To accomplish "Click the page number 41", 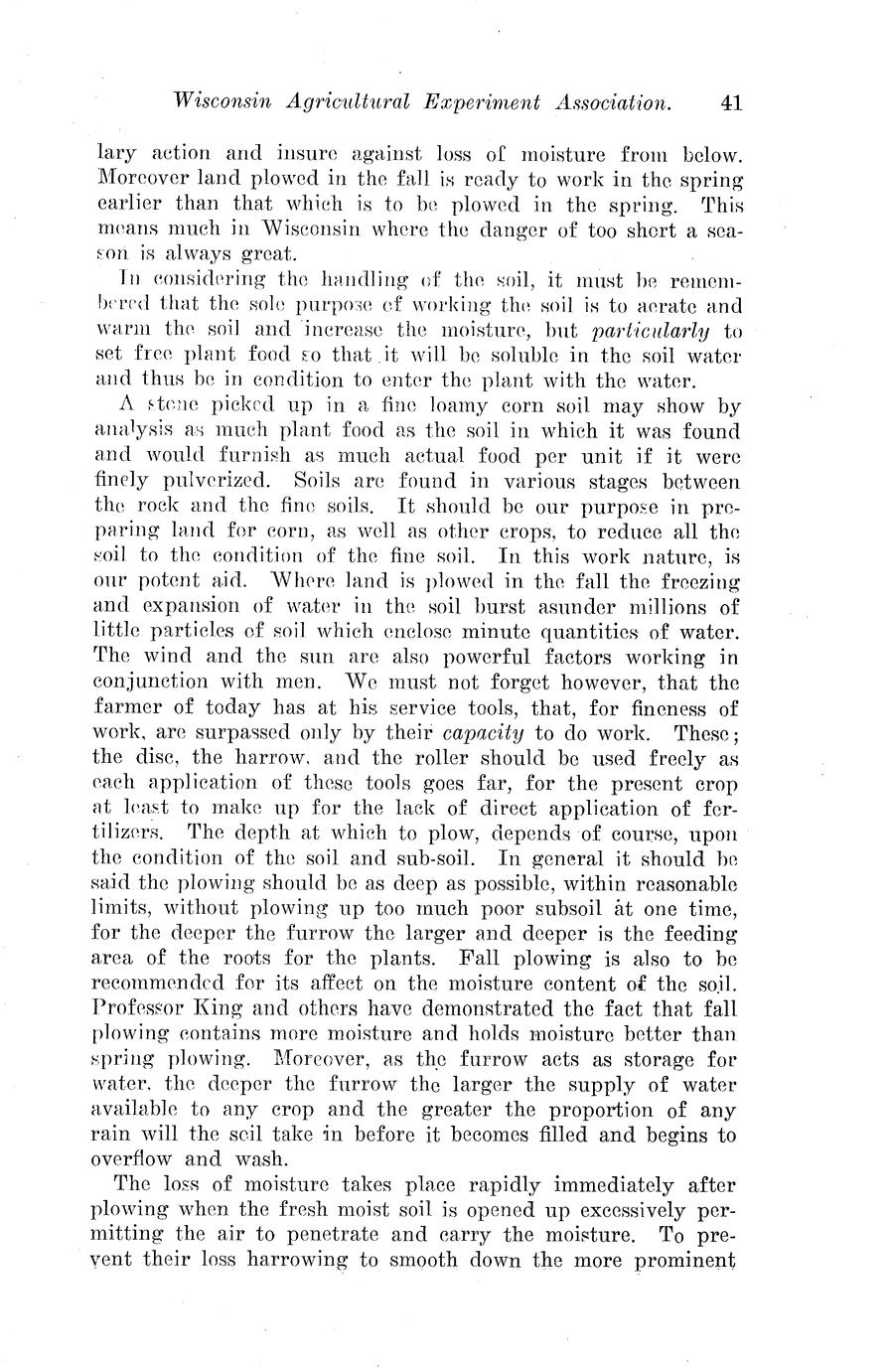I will (x=732, y=101).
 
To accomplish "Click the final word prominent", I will (x=679, y=1263).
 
